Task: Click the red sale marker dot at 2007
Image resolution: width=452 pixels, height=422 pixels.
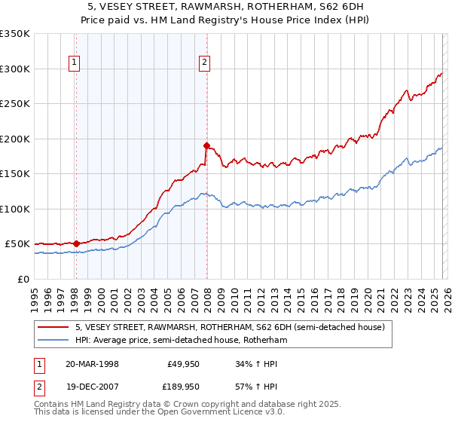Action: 206,145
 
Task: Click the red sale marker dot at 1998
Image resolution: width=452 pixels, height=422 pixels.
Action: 76,243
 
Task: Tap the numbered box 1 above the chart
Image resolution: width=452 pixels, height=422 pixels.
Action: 75,63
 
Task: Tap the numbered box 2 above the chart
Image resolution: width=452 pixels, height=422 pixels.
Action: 204,63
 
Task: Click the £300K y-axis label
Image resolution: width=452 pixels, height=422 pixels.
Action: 15,69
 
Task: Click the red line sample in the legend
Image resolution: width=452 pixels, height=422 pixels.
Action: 54,327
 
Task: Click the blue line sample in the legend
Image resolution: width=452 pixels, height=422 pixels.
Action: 54,341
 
